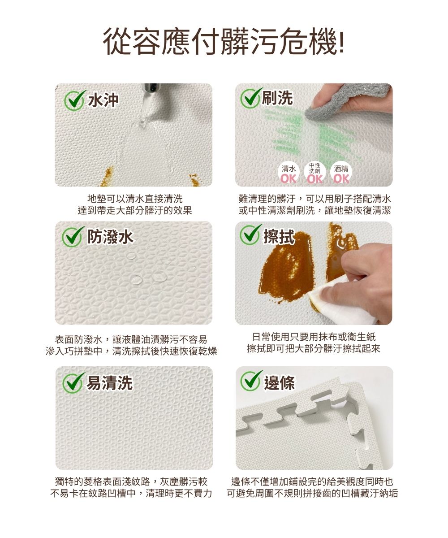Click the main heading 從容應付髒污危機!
224,41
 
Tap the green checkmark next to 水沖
74,100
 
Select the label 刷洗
277,98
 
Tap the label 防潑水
111,237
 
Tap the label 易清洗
110,382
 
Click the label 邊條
280,382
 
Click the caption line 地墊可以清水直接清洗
135,199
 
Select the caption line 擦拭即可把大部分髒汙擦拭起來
314,348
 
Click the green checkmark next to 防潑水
73,237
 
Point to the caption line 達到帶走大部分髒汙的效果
135,211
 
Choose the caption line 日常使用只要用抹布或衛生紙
314,337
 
